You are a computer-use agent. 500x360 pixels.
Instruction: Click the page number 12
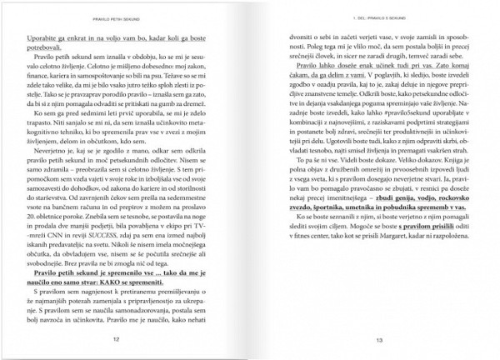138,340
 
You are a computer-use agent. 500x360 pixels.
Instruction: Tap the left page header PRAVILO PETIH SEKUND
137,16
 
